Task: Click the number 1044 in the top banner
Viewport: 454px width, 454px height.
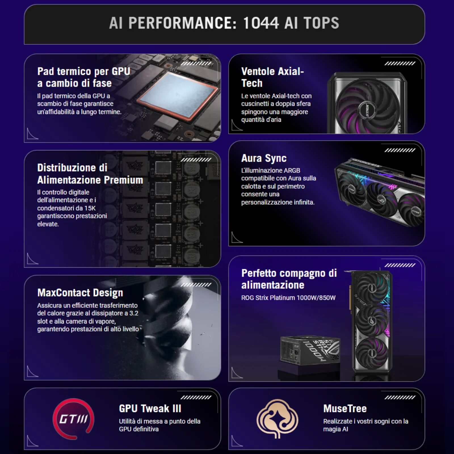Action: [261, 23]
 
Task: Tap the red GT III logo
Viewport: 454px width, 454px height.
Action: [73, 419]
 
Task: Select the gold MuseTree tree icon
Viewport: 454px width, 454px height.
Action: [277, 419]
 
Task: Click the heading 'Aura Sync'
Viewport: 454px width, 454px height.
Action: [264, 158]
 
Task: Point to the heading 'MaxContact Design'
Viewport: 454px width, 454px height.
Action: [80, 293]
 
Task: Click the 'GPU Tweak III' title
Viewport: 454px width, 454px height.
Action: [150, 409]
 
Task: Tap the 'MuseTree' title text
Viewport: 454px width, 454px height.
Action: [345, 409]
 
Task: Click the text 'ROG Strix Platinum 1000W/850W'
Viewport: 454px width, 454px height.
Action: [288, 298]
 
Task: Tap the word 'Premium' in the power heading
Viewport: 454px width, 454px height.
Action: [123, 180]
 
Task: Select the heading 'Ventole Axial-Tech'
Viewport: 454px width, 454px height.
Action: [272, 77]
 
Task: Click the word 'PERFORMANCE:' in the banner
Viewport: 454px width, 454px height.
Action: [182, 23]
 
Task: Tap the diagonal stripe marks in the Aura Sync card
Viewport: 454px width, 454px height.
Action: [400, 150]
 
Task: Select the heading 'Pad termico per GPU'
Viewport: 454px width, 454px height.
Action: [84, 72]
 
